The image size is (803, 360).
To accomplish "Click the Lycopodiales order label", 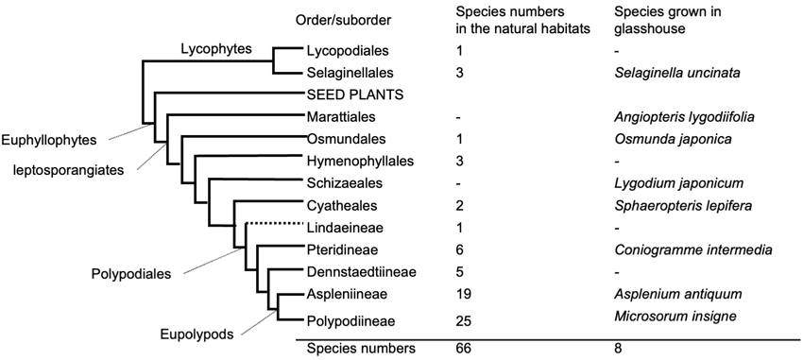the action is (x=348, y=51).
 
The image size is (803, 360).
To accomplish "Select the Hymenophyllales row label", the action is (x=360, y=162).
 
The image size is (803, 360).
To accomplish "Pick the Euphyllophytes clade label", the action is (x=48, y=141).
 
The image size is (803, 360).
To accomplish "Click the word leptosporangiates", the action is (x=69, y=171).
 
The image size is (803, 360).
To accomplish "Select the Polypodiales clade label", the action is (x=138, y=273).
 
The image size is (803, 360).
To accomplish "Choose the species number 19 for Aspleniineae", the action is (x=463, y=294).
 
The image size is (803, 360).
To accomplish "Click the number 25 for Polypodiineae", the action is (x=464, y=321).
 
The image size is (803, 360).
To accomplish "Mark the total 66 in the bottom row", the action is (x=464, y=350).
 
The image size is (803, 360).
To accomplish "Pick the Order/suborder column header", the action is (x=343, y=21).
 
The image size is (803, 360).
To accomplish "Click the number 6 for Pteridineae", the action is (x=459, y=249).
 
